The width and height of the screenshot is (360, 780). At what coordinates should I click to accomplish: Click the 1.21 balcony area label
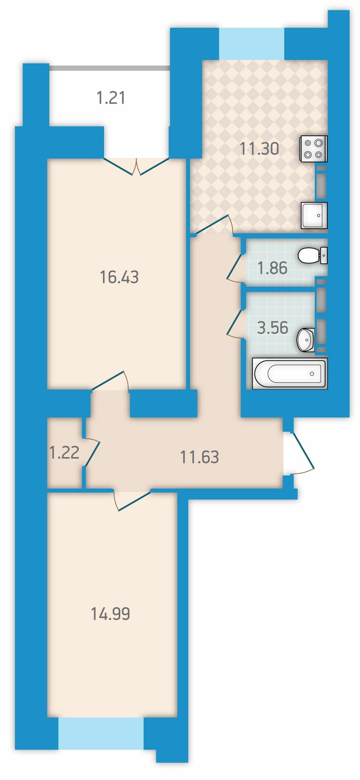pyautogui.click(x=111, y=98)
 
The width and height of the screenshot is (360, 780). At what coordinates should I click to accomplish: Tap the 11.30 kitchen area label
pyautogui.click(x=259, y=149)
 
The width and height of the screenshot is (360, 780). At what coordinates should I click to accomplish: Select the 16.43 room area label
pyautogui.click(x=119, y=277)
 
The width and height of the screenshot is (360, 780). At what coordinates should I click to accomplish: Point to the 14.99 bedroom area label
pyautogui.click(x=110, y=614)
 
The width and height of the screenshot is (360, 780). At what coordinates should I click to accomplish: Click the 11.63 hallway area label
pyautogui.click(x=199, y=457)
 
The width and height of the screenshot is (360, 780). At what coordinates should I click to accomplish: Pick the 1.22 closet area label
pyautogui.click(x=64, y=453)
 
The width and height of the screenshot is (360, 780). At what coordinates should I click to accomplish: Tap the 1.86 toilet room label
pyautogui.click(x=272, y=268)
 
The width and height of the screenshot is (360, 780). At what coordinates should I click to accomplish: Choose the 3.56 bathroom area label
pyautogui.click(x=272, y=328)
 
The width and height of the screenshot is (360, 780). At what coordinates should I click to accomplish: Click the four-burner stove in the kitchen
pyautogui.click(x=314, y=149)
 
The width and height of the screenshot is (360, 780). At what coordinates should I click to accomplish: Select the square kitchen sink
pyautogui.click(x=314, y=216)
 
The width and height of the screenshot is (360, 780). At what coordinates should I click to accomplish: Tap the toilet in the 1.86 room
pyautogui.click(x=313, y=255)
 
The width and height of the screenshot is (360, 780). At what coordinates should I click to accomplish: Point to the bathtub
pyautogui.click(x=290, y=373)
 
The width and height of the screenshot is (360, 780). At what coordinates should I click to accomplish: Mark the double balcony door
pyautogui.click(x=136, y=166)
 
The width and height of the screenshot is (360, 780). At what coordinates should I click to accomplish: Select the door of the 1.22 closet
pyautogui.click(x=91, y=453)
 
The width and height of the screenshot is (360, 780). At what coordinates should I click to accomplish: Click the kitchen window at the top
pyautogui.click(x=252, y=44)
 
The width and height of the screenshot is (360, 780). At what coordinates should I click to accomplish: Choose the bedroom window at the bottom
pyautogui.click(x=101, y=733)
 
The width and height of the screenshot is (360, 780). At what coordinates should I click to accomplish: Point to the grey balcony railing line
pyautogui.click(x=110, y=68)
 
